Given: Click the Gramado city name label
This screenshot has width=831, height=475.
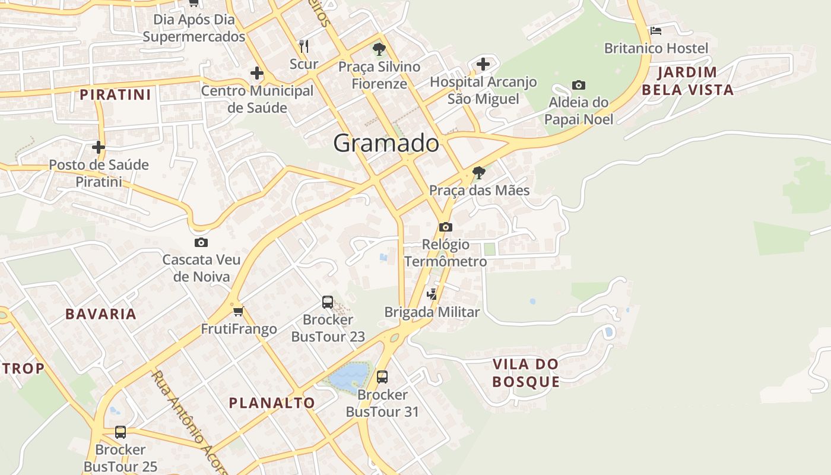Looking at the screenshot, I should (x=386, y=143).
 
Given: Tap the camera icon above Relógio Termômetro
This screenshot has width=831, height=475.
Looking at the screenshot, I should (x=446, y=227).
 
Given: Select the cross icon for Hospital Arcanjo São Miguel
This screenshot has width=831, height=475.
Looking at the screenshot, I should (x=483, y=64).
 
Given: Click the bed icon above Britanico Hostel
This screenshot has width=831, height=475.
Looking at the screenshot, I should (x=656, y=30).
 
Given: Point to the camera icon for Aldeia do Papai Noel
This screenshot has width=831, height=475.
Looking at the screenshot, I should (x=579, y=85).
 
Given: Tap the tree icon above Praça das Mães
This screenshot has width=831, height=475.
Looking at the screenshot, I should (x=478, y=173).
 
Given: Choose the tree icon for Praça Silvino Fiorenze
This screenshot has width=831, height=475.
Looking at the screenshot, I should (x=379, y=49).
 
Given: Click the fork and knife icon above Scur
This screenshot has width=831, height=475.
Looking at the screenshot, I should (x=304, y=46).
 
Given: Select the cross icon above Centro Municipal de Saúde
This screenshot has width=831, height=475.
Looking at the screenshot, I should (x=256, y=73).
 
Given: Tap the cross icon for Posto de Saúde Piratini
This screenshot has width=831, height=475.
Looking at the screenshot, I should (x=99, y=147).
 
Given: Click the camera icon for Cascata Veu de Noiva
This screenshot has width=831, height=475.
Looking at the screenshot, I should (x=201, y=242).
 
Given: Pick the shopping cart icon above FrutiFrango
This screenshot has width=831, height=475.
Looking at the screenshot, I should (x=239, y=311).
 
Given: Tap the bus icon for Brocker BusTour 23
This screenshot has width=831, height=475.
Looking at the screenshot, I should (x=328, y=302).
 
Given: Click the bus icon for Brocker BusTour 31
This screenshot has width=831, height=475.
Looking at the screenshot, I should (x=382, y=376).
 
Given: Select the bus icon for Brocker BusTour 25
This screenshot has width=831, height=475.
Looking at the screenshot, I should (x=120, y=432).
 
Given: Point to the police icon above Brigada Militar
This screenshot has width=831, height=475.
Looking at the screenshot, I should (x=432, y=294).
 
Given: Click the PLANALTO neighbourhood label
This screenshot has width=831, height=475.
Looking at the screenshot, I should (x=272, y=403).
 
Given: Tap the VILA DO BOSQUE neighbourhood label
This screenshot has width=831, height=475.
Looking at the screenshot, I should (x=526, y=373).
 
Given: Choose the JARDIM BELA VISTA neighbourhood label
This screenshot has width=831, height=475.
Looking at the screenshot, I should (x=688, y=81).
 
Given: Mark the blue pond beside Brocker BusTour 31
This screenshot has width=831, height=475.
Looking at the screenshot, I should (x=349, y=375).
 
